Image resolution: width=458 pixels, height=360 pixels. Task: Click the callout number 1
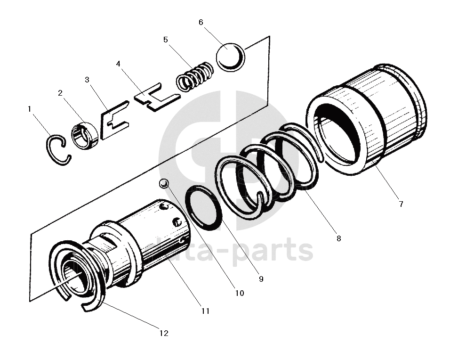(x=29, y=109)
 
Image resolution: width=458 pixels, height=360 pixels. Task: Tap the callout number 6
(x=201, y=23)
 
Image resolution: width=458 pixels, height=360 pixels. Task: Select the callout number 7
(x=401, y=204)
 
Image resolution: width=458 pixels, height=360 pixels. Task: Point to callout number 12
(x=163, y=333)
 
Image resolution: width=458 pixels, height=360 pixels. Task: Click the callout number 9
(x=261, y=279)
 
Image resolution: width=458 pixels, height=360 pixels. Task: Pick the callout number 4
(x=118, y=63)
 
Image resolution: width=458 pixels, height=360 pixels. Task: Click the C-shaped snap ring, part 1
(x=56, y=150)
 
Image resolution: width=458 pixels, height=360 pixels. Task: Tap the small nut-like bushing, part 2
(x=85, y=135)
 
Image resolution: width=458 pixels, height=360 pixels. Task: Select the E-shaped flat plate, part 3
(x=113, y=123)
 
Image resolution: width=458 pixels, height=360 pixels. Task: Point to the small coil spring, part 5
(x=194, y=77)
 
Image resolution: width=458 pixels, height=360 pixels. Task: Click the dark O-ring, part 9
(x=204, y=208)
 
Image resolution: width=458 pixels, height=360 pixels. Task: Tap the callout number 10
(x=239, y=293)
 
